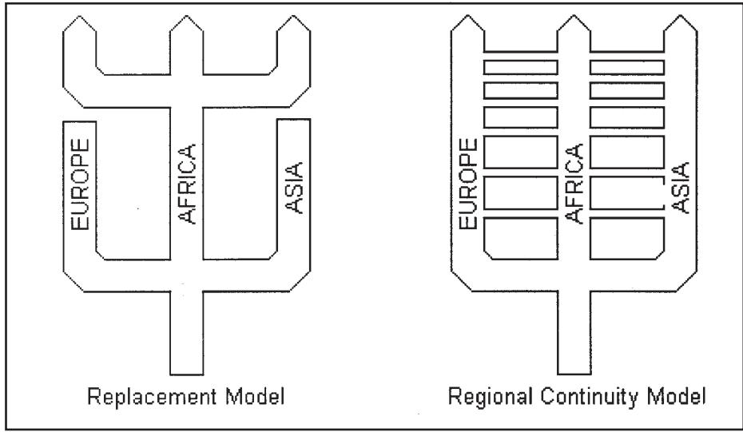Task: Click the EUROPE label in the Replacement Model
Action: click(x=80, y=184)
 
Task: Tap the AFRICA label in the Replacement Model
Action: click(x=187, y=184)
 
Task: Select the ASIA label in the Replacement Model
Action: click(x=294, y=188)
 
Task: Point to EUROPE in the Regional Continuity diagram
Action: click(x=468, y=184)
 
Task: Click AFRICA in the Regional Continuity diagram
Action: click(x=574, y=184)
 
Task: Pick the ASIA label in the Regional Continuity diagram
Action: click(x=681, y=188)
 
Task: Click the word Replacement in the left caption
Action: click(x=152, y=397)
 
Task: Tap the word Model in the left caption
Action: click(x=255, y=396)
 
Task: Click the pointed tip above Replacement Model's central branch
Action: click(x=186, y=15)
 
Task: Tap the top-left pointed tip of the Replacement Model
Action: click(x=80, y=16)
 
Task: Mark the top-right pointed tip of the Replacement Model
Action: click(x=294, y=15)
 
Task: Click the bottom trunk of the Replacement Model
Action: click(x=187, y=333)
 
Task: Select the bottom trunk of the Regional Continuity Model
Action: click(x=574, y=332)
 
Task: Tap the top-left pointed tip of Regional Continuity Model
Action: click(x=467, y=15)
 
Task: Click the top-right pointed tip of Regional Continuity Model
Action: click(x=681, y=15)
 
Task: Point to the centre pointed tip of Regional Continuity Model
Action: click(x=574, y=15)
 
